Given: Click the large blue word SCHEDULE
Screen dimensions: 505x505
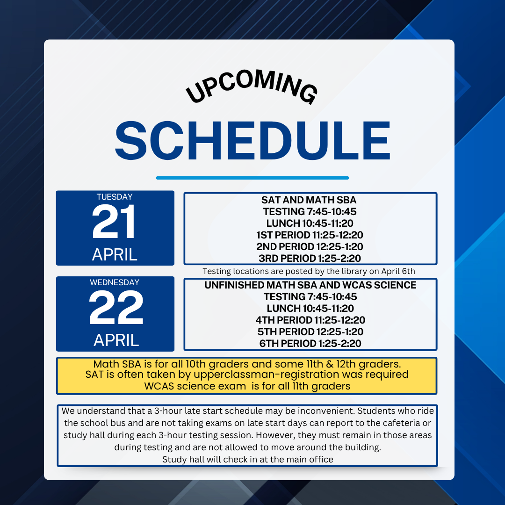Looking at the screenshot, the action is tap(252, 141).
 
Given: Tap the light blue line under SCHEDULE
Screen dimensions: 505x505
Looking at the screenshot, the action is tap(252, 178).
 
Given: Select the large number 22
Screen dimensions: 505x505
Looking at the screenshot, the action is tap(116, 307).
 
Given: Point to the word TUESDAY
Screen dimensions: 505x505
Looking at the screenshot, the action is tap(115, 197).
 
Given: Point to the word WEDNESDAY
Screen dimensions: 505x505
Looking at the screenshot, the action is tap(115, 282).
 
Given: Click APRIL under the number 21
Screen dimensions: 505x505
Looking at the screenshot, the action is tap(115, 255).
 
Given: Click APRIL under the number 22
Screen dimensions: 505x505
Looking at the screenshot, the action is tap(116, 340).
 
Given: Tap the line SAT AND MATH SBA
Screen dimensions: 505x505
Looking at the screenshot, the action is tap(309, 200).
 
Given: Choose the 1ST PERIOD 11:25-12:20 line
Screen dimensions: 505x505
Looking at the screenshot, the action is tap(310, 235).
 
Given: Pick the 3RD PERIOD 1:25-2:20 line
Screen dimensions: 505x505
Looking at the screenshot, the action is tap(310, 258).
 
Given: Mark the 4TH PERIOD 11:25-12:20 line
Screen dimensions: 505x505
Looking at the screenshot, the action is tap(310, 320).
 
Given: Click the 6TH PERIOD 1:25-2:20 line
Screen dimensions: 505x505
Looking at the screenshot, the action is tap(310, 343).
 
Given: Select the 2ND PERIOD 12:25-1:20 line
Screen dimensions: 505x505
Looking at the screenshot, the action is tap(310, 247).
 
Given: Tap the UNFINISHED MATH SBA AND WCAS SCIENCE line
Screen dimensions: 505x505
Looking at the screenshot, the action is tap(310, 285).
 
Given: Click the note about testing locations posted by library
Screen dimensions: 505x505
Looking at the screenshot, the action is tap(309, 271).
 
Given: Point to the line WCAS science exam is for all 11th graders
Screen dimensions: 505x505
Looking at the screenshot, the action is tap(247, 386).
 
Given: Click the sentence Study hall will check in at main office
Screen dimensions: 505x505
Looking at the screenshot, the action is tap(248, 459).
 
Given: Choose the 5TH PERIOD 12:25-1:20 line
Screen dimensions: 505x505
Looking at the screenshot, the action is tap(310, 332).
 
